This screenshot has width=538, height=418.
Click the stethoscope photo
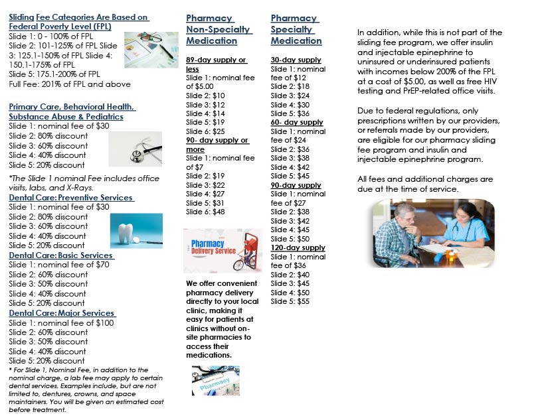(x=135, y=149)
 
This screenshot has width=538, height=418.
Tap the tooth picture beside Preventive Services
(x=136, y=230)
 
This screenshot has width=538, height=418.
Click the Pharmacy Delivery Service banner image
(x=223, y=251)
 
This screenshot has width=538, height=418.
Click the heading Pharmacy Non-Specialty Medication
(x=219, y=30)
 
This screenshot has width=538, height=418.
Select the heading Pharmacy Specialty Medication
(x=296, y=30)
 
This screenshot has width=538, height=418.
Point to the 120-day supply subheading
(x=298, y=247)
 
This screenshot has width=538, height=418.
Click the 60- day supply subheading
(x=297, y=123)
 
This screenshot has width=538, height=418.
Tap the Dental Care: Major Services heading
(x=62, y=313)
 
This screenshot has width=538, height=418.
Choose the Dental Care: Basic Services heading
(x=61, y=255)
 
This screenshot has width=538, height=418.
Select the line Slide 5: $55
(x=290, y=301)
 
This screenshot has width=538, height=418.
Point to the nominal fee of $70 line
(x=59, y=265)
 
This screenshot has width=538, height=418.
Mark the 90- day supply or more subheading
(x=217, y=145)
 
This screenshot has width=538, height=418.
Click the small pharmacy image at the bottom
(x=215, y=381)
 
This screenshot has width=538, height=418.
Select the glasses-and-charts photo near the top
(x=151, y=50)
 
